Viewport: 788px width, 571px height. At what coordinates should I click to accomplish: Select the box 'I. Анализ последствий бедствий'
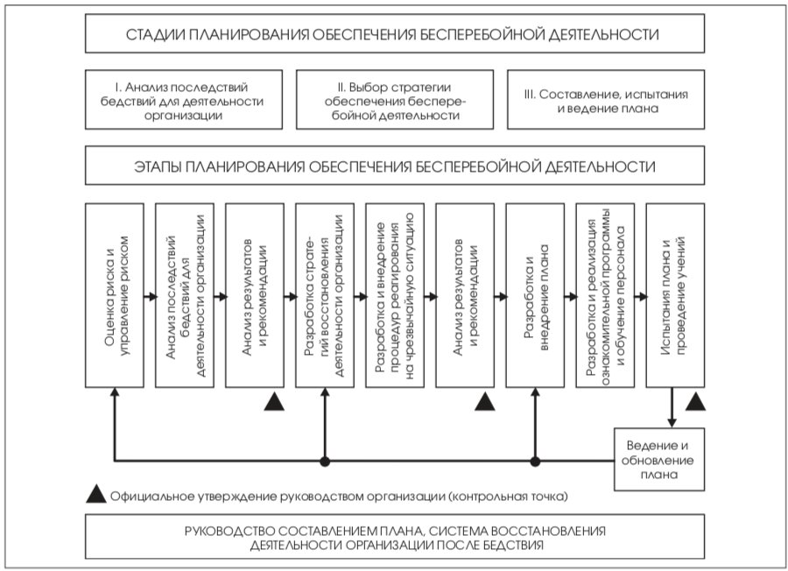pos(184,100)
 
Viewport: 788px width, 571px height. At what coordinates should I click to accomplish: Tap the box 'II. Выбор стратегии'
pos(395,100)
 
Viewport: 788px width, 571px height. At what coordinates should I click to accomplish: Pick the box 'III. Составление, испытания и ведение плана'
pos(606,100)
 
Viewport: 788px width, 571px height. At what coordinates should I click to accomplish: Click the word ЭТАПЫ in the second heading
pos(158,167)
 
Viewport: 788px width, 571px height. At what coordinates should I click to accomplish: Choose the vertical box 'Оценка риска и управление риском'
pos(115,295)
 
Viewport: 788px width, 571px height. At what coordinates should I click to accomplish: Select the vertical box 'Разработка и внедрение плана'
pos(535,295)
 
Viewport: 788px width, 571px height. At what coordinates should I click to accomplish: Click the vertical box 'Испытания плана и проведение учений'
pos(675,295)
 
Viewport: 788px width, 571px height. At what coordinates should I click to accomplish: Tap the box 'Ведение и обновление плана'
pos(659,460)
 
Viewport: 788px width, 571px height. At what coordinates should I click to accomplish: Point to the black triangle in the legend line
pos(96,495)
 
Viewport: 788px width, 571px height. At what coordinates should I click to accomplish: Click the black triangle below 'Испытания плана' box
pos(695,402)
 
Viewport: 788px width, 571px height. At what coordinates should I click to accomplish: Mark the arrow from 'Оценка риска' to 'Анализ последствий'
pos(151,297)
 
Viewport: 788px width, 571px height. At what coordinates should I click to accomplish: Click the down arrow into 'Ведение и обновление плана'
pos(672,407)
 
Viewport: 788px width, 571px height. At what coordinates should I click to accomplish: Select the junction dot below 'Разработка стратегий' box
pos(325,461)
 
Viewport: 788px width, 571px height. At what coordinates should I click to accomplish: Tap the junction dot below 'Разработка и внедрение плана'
pos(535,461)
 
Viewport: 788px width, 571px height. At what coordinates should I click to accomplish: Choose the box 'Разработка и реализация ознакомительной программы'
pos(605,295)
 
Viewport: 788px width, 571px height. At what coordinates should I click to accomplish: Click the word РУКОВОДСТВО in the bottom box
pos(225,532)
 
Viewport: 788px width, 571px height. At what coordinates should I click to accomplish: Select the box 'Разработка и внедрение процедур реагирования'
pos(395,295)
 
